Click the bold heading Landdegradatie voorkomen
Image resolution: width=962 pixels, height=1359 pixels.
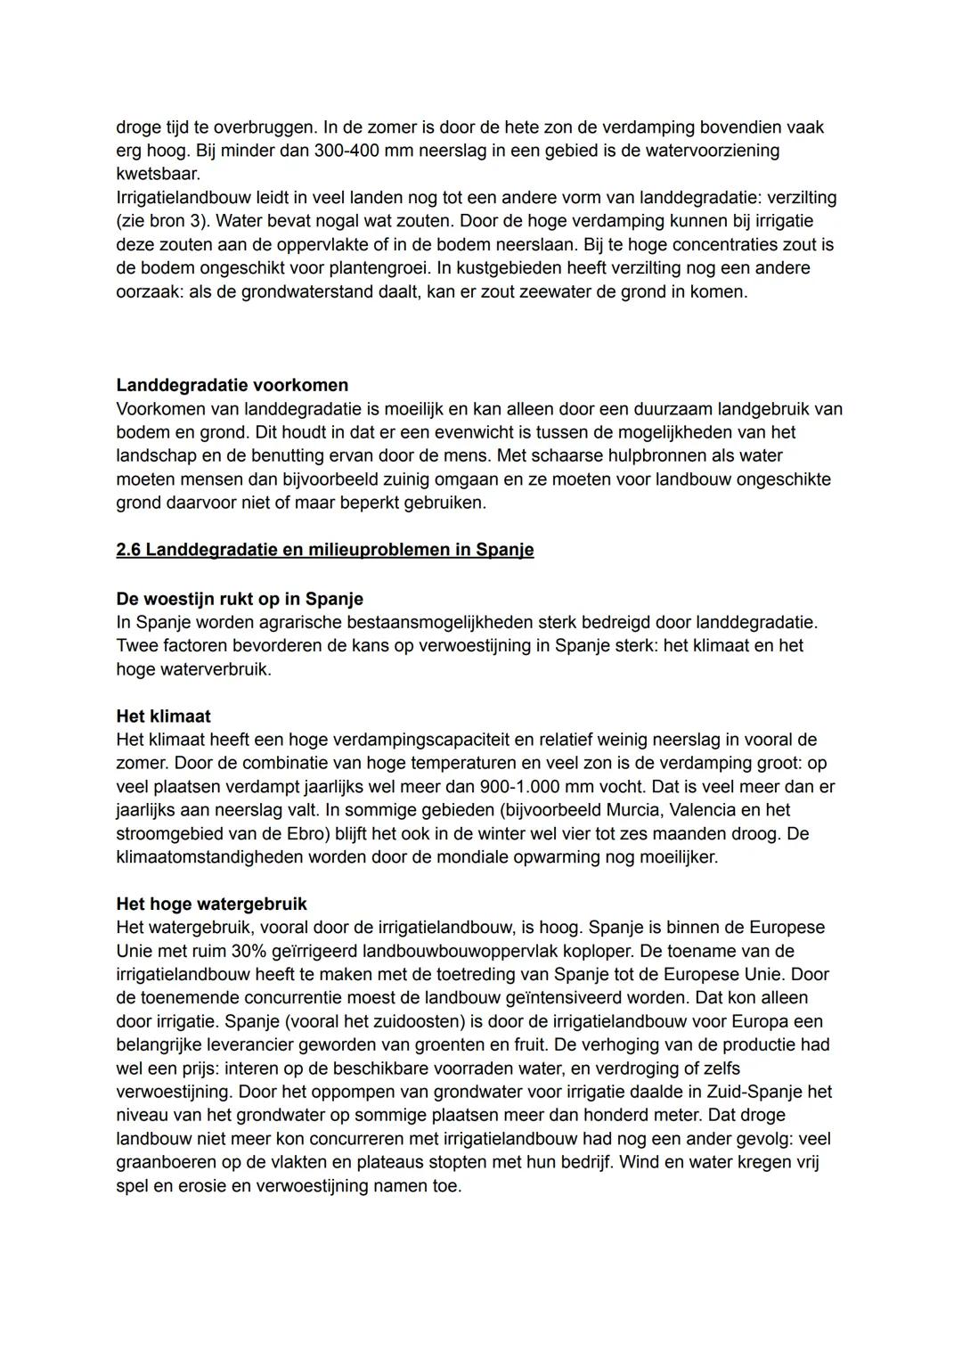(x=232, y=385)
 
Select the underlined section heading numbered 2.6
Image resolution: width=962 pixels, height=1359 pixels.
(x=325, y=549)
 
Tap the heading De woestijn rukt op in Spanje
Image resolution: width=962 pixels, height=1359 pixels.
(x=240, y=598)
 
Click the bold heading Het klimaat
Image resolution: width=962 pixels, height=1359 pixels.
(x=163, y=716)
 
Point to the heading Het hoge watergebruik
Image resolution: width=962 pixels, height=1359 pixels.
(x=211, y=904)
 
